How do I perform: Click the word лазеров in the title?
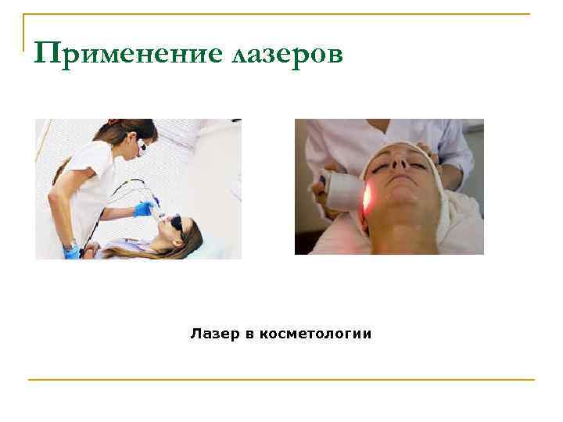pyautogui.click(x=288, y=55)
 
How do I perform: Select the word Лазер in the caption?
pyautogui.click(x=213, y=334)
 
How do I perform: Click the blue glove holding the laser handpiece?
pyautogui.click(x=143, y=209)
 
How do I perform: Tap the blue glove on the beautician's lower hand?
pyautogui.click(x=71, y=252)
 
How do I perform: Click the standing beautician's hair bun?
pyautogui.click(x=114, y=123)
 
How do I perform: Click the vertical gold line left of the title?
pyautogui.click(x=24, y=43)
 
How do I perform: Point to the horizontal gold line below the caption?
pyautogui.click(x=281, y=380)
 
